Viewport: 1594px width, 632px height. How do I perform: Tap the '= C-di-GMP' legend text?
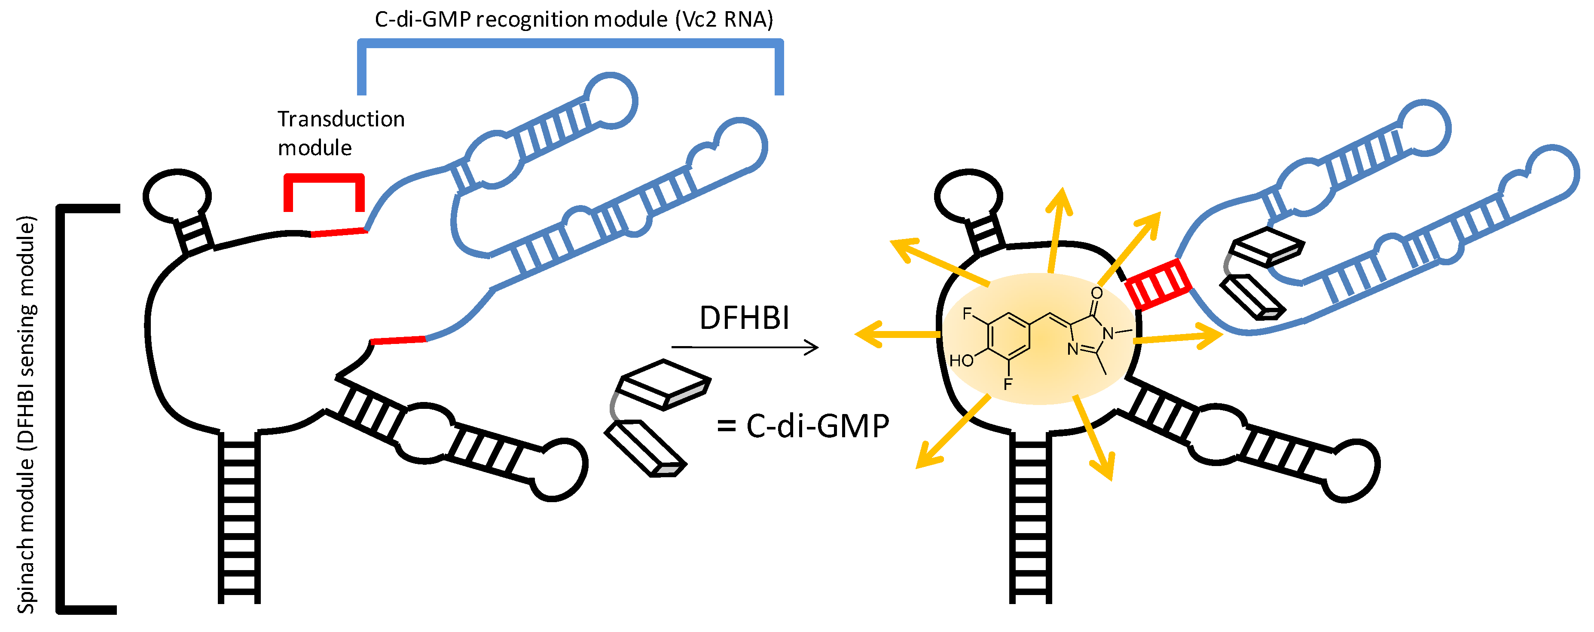pyautogui.click(x=803, y=426)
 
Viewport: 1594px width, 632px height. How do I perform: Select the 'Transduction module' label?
pyautogui.click(x=340, y=133)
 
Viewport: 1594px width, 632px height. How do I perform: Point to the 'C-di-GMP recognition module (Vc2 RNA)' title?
pyautogui.click(x=574, y=20)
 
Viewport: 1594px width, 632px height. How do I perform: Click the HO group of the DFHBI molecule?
pyautogui.click(x=961, y=361)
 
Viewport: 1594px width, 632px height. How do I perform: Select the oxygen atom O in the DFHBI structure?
pyautogui.click(x=1096, y=293)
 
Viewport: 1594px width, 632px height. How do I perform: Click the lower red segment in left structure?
pyautogui.click(x=397, y=340)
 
